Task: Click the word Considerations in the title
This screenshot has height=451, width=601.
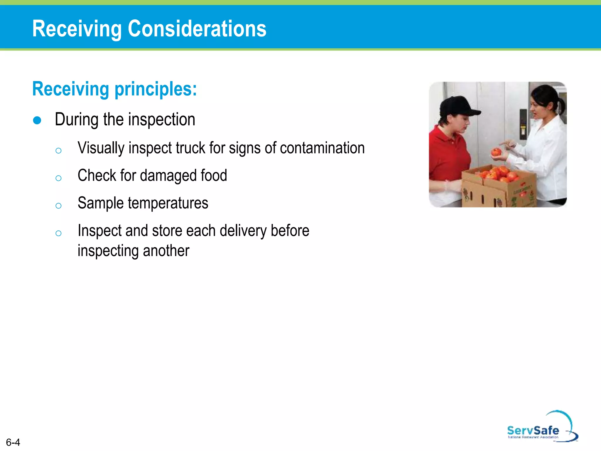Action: click(x=197, y=29)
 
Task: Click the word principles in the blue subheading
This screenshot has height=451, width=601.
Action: click(x=156, y=89)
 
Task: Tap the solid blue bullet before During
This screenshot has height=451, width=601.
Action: click(x=37, y=120)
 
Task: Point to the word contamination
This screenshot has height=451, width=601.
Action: click(x=322, y=148)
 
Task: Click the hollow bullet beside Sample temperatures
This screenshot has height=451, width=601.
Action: click(x=58, y=206)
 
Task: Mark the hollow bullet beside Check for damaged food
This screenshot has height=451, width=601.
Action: click(x=58, y=178)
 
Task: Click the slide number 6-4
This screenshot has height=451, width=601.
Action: click(x=13, y=442)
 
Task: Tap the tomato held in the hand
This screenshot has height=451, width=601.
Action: click(x=496, y=152)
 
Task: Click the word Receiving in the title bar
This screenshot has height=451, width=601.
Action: click(x=77, y=29)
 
